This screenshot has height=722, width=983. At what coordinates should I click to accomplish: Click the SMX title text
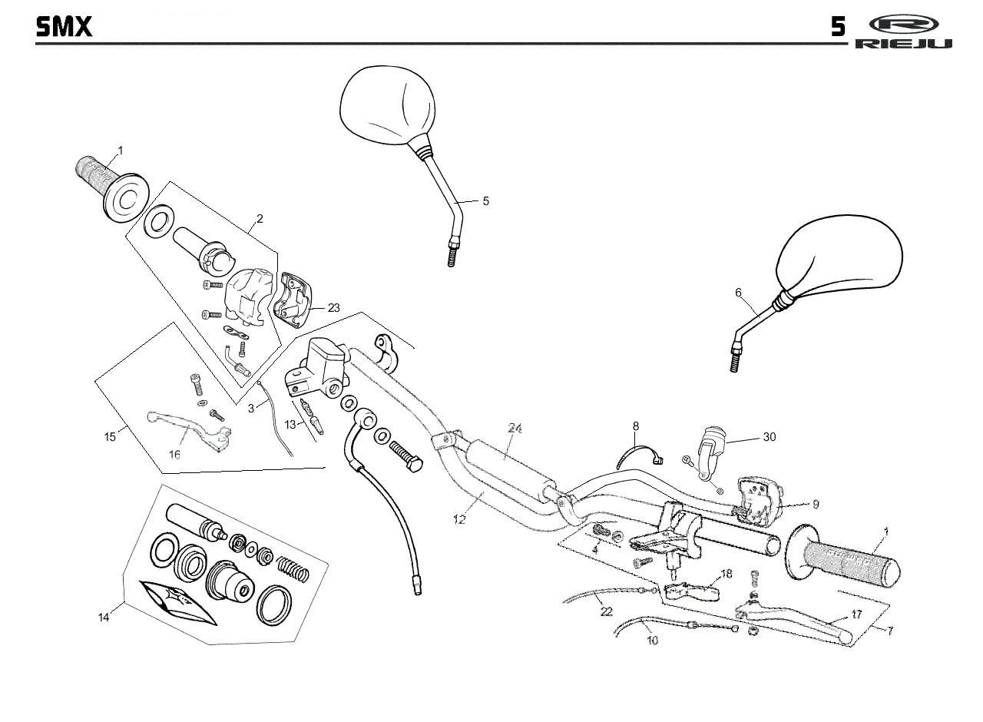[x=64, y=27]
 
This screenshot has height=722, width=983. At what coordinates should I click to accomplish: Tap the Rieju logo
[x=903, y=31]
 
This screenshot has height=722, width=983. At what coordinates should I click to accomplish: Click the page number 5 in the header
[x=838, y=28]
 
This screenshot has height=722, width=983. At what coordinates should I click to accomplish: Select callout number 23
[x=333, y=307]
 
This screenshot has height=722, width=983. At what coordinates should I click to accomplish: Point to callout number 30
[x=769, y=437]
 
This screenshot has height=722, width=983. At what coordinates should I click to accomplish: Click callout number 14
[x=104, y=617]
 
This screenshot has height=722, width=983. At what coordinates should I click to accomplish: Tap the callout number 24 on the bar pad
[x=515, y=429]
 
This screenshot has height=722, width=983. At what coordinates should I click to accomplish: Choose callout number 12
[x=459, y=520]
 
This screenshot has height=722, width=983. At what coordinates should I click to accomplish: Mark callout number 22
[x=607, y=611]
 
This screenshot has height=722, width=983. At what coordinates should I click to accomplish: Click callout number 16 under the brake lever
[x=174, y=455]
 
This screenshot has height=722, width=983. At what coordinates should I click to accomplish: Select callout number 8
[x=636, y=426]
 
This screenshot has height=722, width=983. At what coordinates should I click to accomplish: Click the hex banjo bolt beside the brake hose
[x=406, y=455]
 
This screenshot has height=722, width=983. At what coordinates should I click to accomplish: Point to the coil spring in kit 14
[x=292, y=568]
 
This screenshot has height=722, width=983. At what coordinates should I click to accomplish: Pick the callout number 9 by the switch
[x=815, y=505]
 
